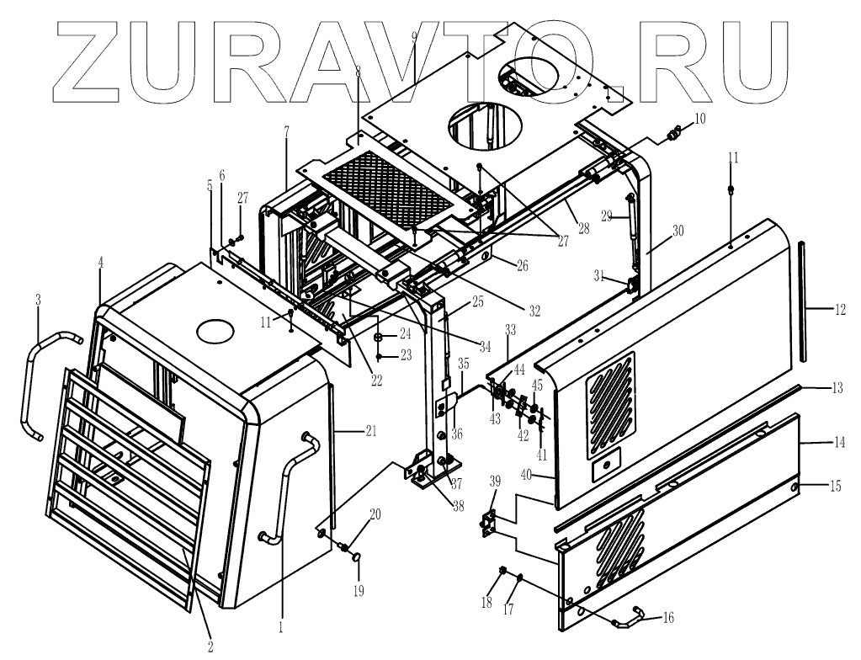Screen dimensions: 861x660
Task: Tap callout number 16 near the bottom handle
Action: click(x=668, y=617)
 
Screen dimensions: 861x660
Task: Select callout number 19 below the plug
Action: click(x=358, y=591)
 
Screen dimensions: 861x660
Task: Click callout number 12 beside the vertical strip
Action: click(x=840, y=309)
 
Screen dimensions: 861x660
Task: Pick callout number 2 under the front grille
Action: click(x=210, y=647)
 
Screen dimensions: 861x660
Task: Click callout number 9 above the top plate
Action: click(x=414, y=37)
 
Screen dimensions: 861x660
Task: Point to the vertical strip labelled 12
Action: click(x=805, y=299)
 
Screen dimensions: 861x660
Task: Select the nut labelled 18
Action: click(x=503, y=571)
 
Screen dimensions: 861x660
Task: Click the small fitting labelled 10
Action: click(x=673, y=133)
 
